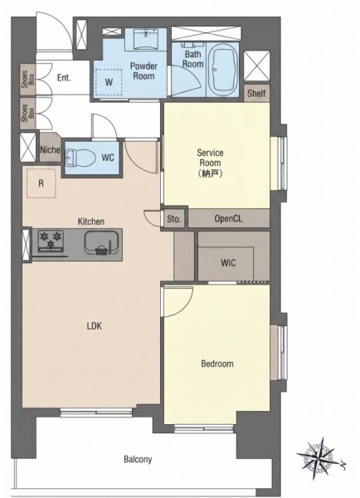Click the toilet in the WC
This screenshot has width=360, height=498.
[x=80, y=158]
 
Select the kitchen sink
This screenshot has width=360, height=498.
[x=101, y=242]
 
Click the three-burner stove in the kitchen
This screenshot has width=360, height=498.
[x=51, y=241]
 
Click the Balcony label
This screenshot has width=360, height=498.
[x=138, y=459]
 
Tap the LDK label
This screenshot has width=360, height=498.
[x=95, y=326]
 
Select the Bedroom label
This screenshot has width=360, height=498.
[x=217, y=364]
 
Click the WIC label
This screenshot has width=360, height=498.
[x=228, y=262]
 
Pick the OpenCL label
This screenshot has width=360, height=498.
[x=228, y=218]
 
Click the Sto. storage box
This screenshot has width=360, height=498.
[x=174, y=218]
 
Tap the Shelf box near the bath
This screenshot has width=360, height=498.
[x=256, y=93]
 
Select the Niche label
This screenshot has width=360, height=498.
[x=50, y=149]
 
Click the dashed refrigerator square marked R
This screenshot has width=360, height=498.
[x=41, y=183]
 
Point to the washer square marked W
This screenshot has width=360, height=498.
[x=109, y=82]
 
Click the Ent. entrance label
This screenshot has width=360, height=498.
[x=64, y=77]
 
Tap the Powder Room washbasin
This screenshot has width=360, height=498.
[x=146, y=39]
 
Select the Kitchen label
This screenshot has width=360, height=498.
[x=91, y=222]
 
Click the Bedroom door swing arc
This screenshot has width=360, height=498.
[x=187, y=306]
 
